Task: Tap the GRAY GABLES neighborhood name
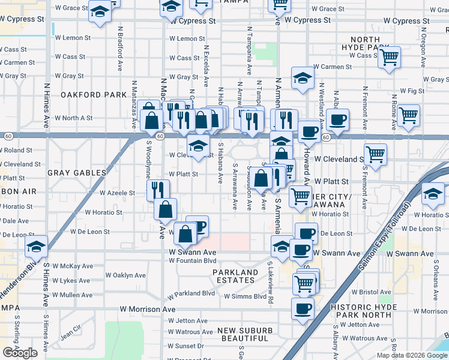click(x=77, y=173)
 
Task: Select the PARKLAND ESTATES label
click(x=234, y=276)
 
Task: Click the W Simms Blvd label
click(x=245, y=296)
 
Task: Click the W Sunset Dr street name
click(x=186, y=346)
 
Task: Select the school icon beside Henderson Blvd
click(x=36, y=246)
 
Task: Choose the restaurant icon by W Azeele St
click(x=158, y=190)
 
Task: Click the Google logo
click(x=20, y=353)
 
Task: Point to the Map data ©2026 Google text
click(x=411, y=355)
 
